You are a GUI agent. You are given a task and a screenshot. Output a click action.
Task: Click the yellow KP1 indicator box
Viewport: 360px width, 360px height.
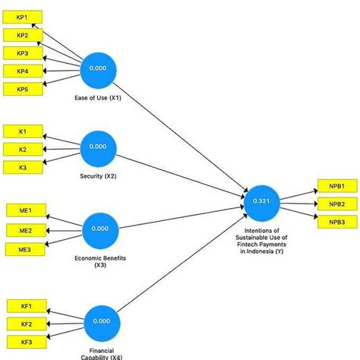pos(23,17)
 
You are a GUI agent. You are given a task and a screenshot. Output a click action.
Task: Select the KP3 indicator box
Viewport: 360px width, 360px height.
pos(23,53)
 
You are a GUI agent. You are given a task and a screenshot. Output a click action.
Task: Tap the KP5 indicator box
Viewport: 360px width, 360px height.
pos(23,90)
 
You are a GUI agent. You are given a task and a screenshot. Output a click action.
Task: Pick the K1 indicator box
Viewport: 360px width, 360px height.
pos(23,131)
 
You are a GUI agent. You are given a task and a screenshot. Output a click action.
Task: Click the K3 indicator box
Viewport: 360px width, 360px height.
pos(23,167)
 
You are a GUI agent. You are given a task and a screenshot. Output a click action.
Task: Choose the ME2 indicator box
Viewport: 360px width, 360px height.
pos(25,230)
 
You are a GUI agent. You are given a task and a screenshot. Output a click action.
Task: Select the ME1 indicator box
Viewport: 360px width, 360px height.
pos(25,210)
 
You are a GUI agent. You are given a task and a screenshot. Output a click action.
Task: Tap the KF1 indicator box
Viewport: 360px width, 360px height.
pos(26,305)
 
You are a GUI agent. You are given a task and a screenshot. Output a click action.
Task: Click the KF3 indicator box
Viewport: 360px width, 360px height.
pos(26,342)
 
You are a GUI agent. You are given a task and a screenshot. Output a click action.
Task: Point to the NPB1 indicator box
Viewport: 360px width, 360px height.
pos(336,186)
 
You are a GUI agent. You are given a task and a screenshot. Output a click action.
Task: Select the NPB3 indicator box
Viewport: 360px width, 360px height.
pos(336,222)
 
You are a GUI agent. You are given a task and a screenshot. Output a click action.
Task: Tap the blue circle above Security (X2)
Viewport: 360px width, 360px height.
pos(98,146)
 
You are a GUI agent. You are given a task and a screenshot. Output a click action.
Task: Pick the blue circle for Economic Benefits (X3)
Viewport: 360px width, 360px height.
pos(99,228)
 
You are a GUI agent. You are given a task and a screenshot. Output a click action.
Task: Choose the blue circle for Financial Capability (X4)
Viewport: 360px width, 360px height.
pos(101,321)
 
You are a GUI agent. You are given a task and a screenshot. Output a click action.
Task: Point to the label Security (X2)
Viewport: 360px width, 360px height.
pos(98,175)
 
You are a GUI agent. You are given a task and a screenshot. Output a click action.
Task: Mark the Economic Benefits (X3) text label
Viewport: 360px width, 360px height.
pos(99,261)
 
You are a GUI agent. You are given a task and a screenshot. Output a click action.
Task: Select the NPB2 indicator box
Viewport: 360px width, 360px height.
pos(336,204)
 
